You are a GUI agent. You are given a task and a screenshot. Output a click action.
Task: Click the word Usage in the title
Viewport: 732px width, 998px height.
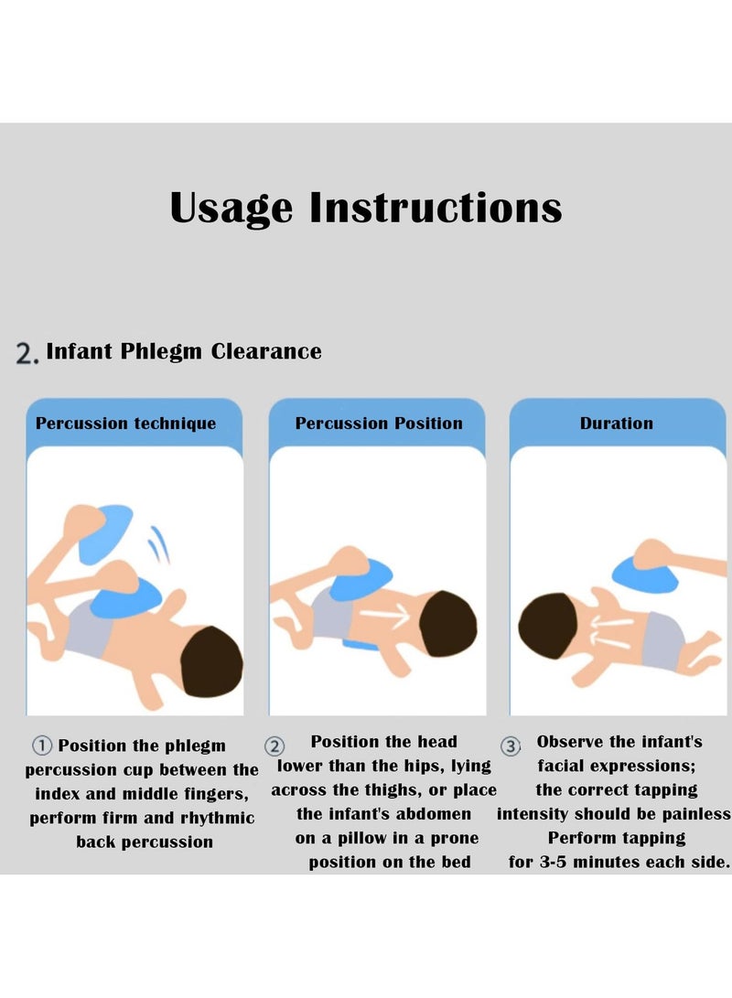click(x=231, y=208)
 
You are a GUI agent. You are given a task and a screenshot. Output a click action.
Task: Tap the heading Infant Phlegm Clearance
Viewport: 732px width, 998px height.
click(x=184, y=351)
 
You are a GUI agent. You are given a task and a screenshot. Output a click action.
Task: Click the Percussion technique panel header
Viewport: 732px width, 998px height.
click(x=126, y=424)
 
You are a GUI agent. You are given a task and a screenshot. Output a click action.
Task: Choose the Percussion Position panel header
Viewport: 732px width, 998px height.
click(x=379, y=424)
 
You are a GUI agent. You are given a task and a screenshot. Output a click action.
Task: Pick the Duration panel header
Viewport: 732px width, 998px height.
click(x=617, y=424)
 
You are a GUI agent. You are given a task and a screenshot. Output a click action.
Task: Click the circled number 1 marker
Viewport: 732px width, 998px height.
click(x=41, y=746)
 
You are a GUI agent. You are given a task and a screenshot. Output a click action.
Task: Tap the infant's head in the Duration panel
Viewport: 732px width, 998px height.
click(x=546, y=626)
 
